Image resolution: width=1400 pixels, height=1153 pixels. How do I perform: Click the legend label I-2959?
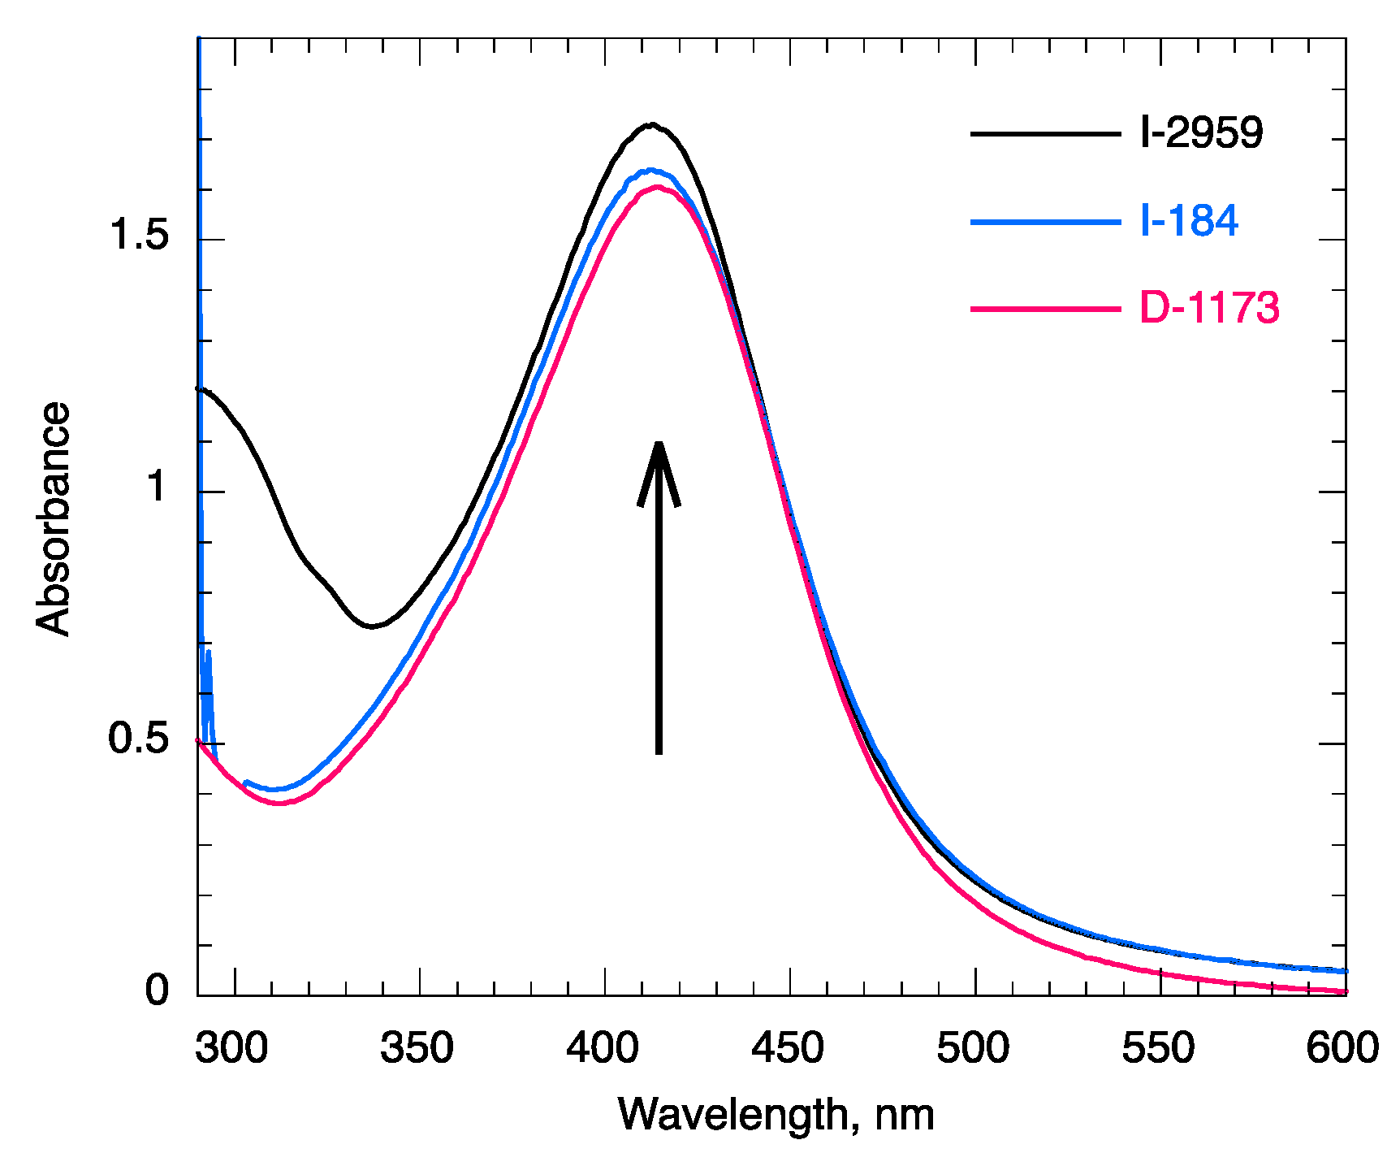point(1201,132)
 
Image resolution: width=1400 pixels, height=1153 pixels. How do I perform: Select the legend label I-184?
point(1189,220)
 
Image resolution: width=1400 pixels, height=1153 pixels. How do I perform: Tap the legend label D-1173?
point(1209,308)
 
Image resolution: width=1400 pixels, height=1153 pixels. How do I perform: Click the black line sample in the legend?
point(1045,133)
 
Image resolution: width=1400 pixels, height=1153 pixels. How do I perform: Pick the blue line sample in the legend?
point(1045,221)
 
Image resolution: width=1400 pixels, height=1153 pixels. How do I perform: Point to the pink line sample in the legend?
point(1045,309)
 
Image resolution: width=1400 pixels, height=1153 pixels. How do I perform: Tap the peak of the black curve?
point(651,124)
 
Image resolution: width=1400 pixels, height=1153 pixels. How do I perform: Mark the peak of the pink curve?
point(656,187)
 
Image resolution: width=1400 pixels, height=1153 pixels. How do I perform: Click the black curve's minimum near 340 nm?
point(371,626)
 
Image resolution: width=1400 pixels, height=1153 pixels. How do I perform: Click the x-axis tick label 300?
point(231,1048)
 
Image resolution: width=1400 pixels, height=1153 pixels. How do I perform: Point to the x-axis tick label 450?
point(788,1048)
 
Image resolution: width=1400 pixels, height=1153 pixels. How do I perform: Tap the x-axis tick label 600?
point(1342,1048)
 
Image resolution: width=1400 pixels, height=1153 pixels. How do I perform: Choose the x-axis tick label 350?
point(417,1048)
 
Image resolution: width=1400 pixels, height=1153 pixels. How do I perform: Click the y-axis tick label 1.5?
point(138,236)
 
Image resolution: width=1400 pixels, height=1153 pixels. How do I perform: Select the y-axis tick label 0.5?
point(138,739)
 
